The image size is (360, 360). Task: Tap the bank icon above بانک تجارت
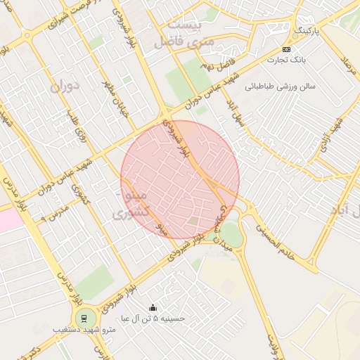pyautogui.click(x=286, y=49)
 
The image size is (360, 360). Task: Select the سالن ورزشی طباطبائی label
pyautogui.click(x=281, y=86)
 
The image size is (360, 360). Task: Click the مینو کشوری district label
pyautogui.click(x=131, y=202)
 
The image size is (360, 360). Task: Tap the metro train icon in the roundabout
pyautogui.click(x=85, y=317)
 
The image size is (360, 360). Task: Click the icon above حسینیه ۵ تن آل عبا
pyautogui.click(x=153, y=307)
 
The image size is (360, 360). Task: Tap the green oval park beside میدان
pyautogui.click(x=232, y=235)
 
